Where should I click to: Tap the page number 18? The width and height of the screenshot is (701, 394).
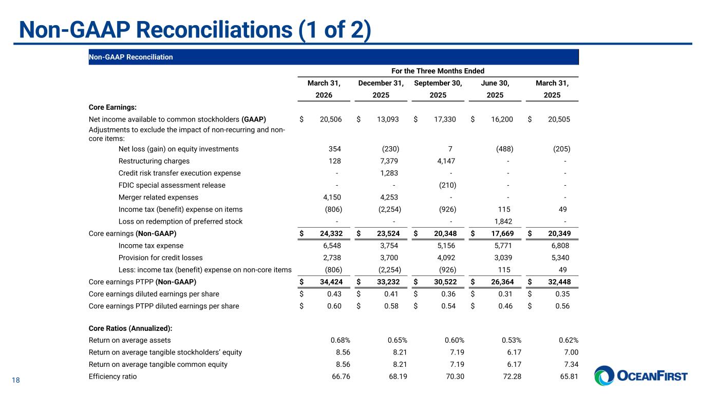16,380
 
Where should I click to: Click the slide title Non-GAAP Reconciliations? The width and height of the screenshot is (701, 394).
195,30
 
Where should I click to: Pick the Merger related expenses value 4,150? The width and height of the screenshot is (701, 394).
331,197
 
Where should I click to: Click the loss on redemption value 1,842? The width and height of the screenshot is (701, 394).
503,222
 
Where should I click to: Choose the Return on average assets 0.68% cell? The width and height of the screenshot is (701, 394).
340,340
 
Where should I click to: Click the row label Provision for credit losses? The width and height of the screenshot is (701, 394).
160,258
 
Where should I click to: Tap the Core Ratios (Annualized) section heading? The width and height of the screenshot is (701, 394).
130,328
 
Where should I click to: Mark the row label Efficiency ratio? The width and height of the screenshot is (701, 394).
113,377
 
